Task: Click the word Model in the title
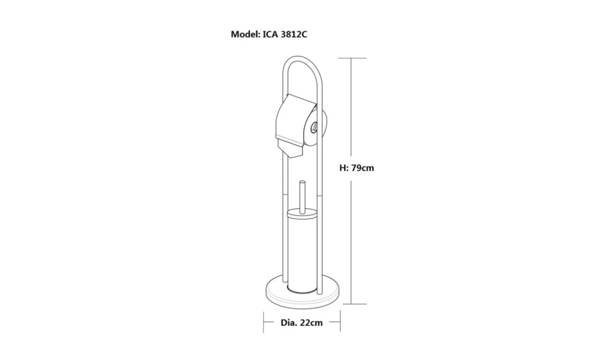coord(245,34)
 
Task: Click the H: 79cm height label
coord(356,168)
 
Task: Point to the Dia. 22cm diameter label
coord(301,323)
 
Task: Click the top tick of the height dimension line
coord(352,58)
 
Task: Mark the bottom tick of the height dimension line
coord(352,304)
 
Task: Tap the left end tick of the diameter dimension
coord(263,322)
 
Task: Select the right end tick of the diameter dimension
coord(340,322)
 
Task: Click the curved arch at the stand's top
coord(303,58)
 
